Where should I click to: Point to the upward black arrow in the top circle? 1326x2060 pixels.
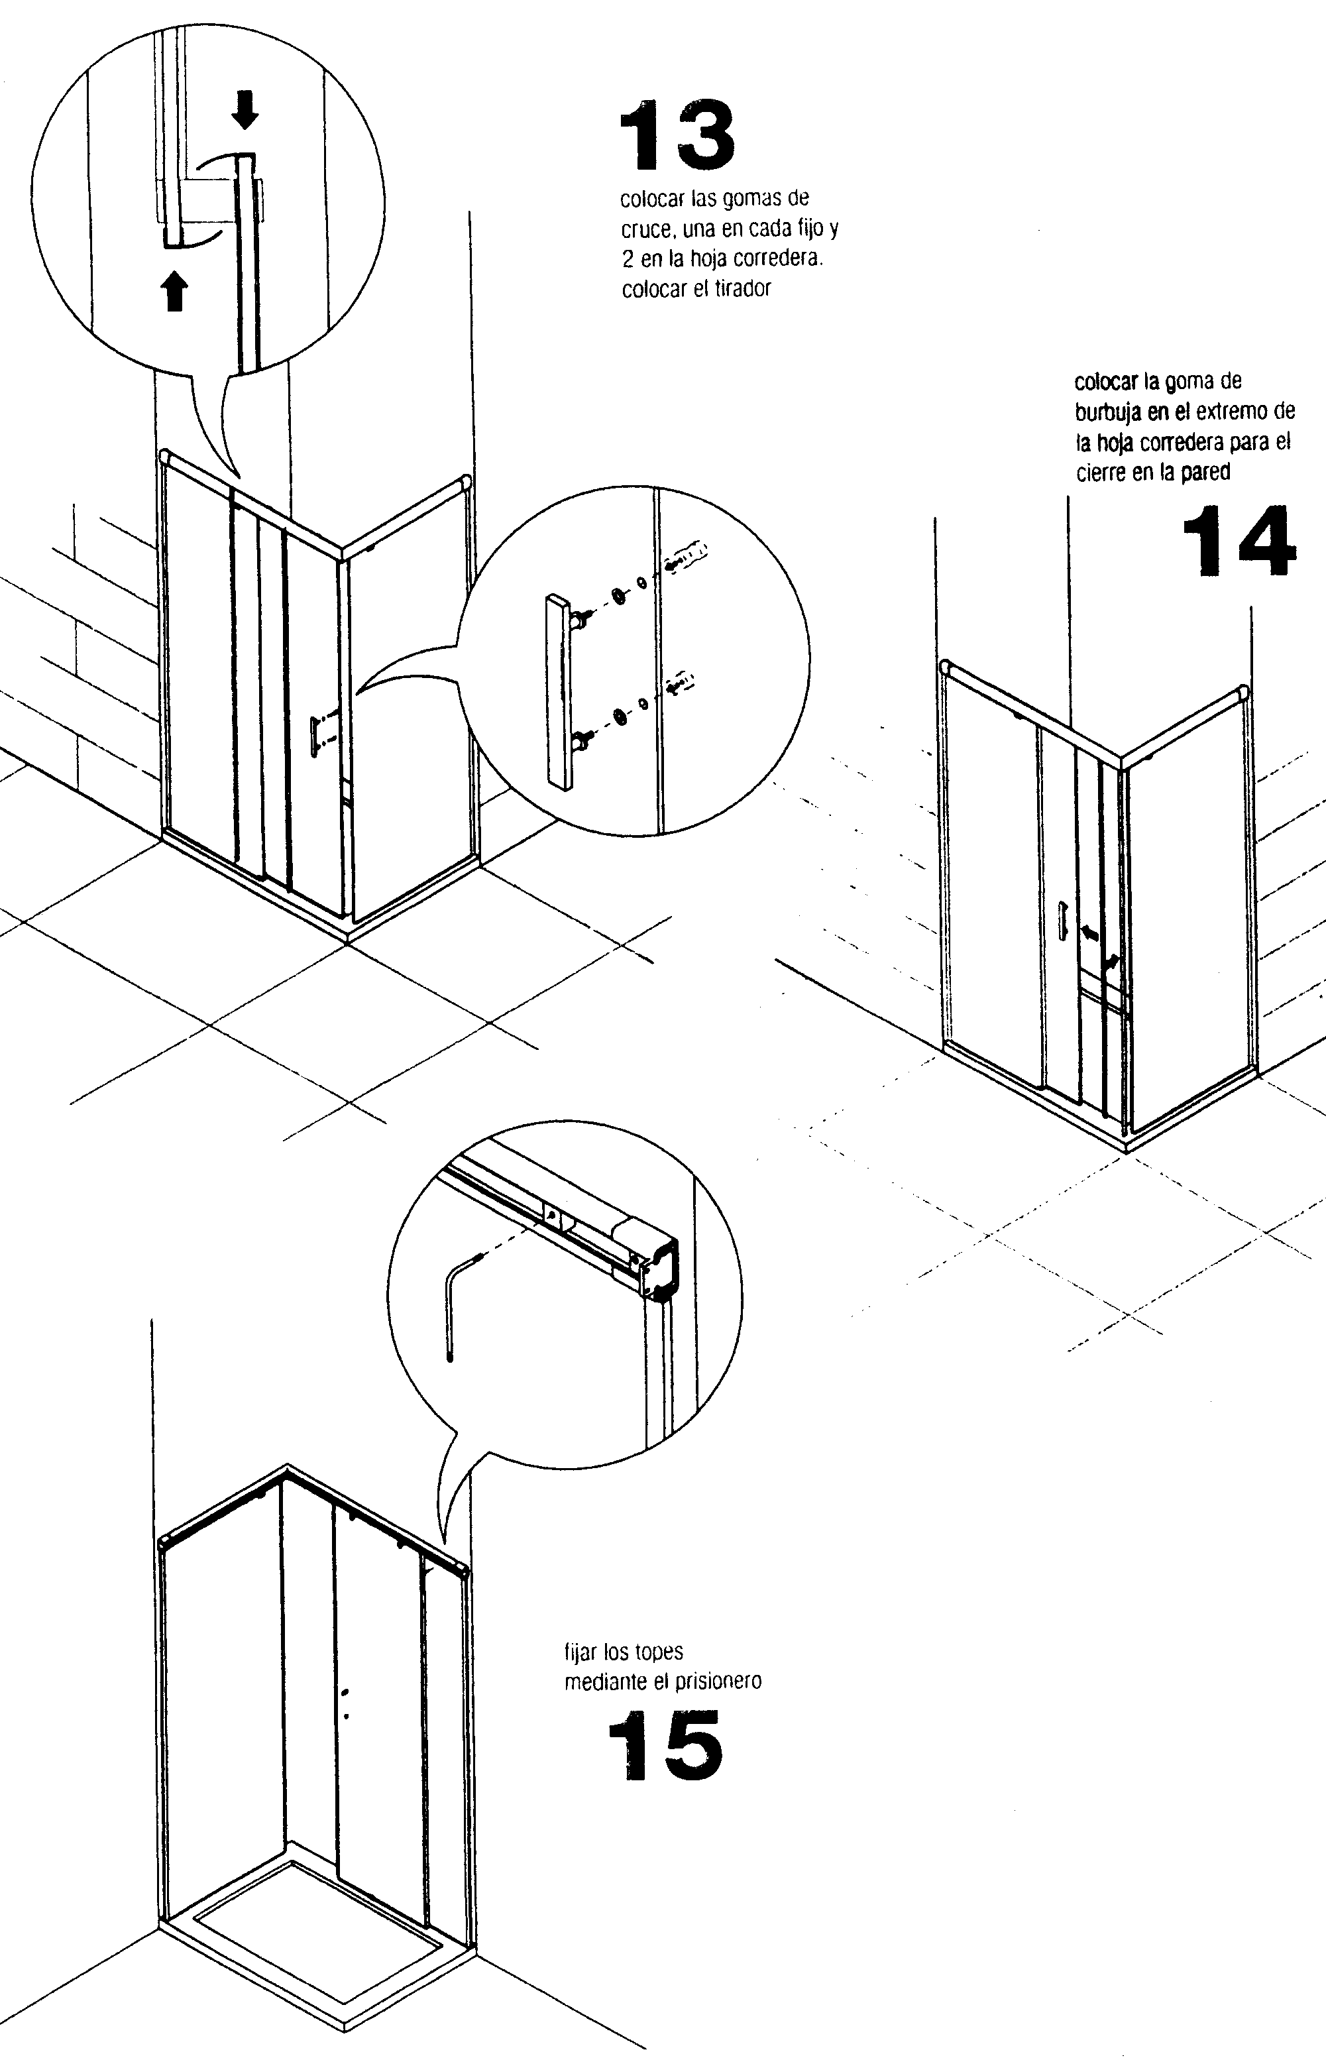pos(176,290)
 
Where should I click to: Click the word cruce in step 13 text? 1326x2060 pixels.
pos(645,229)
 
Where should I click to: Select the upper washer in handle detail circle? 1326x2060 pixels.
pos(619,596)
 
